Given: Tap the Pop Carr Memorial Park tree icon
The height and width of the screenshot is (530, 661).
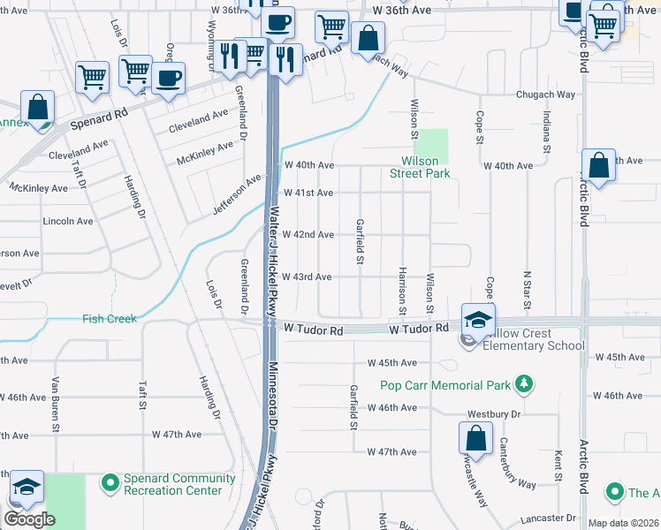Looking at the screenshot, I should click(x=526, y=384).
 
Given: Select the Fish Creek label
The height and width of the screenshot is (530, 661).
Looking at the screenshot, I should click(x=110, y=319).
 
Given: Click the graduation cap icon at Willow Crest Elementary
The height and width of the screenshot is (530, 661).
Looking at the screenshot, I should click(x=477, y=319).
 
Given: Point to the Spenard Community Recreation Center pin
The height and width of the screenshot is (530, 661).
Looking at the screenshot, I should click(x=110, y=483).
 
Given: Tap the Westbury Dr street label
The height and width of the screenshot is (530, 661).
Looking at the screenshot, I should click(x=495, y=413).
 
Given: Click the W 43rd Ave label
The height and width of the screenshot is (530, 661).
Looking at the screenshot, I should click(x=307, y=277).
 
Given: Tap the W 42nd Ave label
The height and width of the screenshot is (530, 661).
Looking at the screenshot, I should click(x=308, y=235).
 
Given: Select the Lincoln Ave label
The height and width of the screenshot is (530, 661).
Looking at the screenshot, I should click(x=68, y=221).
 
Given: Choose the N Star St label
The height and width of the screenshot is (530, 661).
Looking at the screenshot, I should click(x=527, y=291).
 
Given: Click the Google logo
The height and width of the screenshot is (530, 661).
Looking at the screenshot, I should click(x=29, y=519).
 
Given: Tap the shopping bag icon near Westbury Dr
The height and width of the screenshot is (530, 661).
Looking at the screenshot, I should click(x=475, y=438).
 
